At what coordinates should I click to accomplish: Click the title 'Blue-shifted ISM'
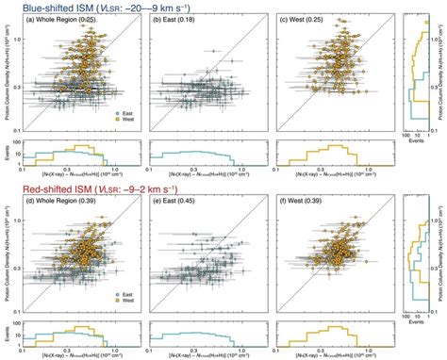tap(48, 7)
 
